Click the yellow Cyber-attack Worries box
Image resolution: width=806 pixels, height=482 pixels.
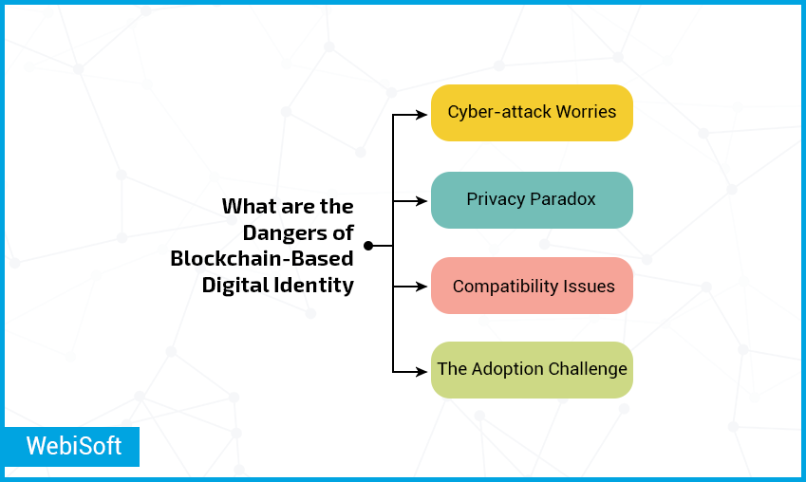532,113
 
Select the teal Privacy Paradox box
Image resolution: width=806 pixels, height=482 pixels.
532,200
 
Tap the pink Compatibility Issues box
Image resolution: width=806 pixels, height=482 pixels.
532,286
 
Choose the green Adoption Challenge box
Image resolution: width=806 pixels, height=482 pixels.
532,370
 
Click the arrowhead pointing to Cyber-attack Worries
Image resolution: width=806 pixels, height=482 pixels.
422,115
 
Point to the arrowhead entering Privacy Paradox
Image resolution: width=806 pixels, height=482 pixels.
422,201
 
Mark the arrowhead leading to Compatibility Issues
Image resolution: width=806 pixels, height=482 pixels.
422,287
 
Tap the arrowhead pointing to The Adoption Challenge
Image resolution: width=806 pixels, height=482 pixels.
422,372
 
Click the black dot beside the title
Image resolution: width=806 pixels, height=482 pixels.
368,246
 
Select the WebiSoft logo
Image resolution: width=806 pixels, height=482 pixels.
72,447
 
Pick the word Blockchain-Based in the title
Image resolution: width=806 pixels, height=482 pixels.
262,258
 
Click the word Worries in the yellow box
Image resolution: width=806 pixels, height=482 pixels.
586,112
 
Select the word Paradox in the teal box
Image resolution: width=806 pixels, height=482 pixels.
563,199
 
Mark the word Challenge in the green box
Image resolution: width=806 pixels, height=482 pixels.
588,369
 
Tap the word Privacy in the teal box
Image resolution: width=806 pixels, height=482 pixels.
496,200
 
